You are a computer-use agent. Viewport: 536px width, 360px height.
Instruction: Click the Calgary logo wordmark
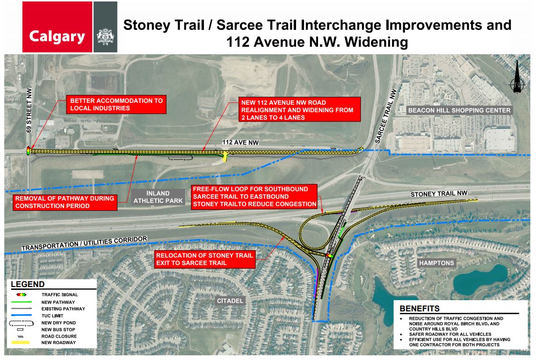coord(57,36)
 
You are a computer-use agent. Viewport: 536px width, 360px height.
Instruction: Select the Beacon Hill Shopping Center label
coord(459,110)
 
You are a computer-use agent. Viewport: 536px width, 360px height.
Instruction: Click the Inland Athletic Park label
coord(158,197)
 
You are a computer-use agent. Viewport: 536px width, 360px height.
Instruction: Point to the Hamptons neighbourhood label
coord(436,263)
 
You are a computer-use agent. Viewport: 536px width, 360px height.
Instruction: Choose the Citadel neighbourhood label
coord(229,301)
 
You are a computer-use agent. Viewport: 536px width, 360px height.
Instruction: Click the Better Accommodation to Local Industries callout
coord(116,104)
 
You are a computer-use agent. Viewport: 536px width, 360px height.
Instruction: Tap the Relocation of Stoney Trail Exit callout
coord(205,259)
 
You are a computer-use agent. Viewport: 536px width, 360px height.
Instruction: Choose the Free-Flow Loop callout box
coord(254,196)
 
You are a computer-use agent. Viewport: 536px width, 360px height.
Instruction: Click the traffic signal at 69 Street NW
coord(28,151)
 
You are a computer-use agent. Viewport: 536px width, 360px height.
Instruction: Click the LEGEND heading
coord(28,284)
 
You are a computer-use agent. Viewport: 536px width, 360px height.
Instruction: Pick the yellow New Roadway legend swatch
coord(22,343)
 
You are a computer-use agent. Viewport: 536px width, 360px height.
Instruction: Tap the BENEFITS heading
coord(419,309)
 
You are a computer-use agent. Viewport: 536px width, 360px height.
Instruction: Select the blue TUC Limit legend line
coord(22,316)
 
